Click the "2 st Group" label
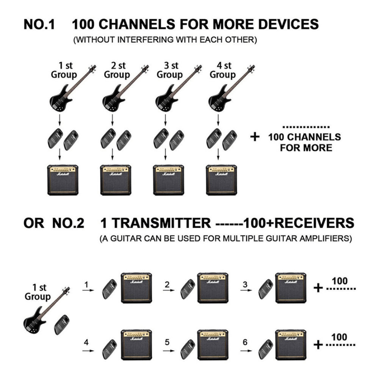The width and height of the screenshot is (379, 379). pyautogui.click(x=117, y=70)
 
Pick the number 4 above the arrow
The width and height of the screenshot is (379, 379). pyautogui.click(x=86, y=343)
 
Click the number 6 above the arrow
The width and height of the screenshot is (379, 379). pyautogui.click(x=245, y=343)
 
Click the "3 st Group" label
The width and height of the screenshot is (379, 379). pyautogui.click(x=169, y=70)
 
